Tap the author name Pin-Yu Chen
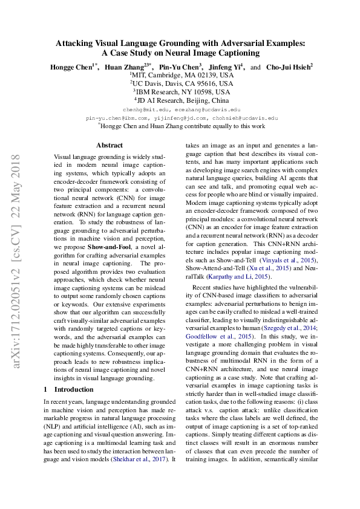tap(180, 67)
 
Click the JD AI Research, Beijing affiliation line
tap(181, 100)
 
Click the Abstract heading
tap(110, 145)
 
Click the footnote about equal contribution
tap(181, 127)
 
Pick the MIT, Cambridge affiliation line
tap(181, 75)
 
